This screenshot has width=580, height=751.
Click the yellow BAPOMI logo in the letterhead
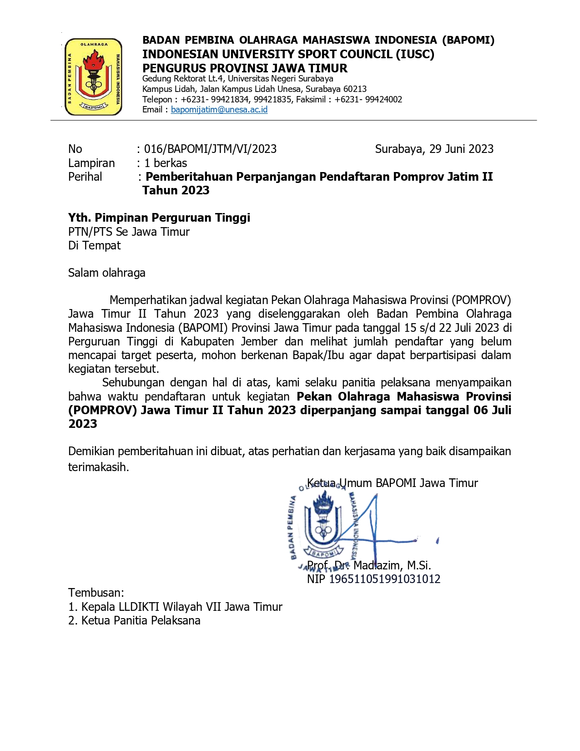click(93, 76)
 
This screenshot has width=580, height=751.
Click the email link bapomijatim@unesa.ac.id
click(219, 110)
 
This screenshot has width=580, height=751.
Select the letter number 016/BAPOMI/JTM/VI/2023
click(210, 149)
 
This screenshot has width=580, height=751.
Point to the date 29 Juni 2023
click(461, 149)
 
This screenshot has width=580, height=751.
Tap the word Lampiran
click(91, 163)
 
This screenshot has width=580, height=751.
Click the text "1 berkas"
click(166, 163)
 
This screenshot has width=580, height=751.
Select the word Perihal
click(85, 177)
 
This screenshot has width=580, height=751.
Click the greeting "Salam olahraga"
click(107, 273)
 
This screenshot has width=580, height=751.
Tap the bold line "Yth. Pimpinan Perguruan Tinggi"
click(159, 218)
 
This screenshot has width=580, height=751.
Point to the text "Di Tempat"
click(94, 245)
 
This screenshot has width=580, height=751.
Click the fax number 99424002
click(383, 100)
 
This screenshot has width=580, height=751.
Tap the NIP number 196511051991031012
click(384, 579)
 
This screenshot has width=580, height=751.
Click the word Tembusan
click(96, 593)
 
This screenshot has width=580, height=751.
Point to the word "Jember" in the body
click(259, 341)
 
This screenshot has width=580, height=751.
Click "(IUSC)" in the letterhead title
click(415, 54)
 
